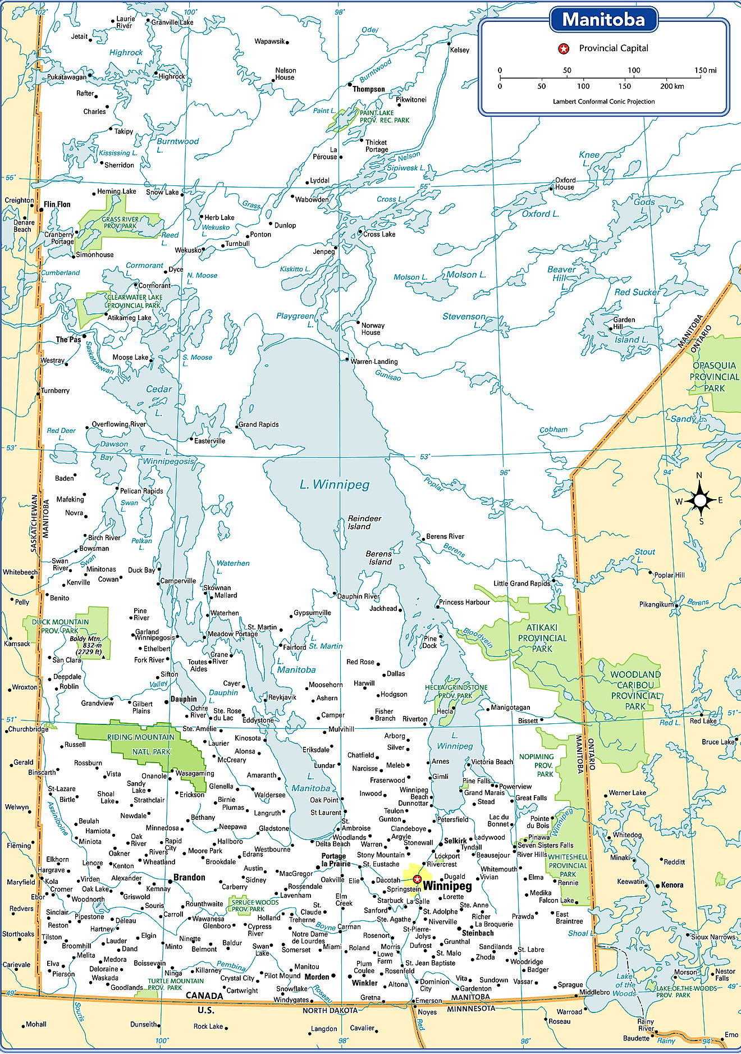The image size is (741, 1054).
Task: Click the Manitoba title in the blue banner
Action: (x=603, y=20)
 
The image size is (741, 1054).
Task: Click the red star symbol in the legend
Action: (x=563, y=49)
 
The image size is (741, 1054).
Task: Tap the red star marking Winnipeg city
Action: (x=417, y=879)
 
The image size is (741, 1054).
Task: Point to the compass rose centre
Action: (x=699, y=499)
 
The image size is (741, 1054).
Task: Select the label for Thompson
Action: (x=369, y=89)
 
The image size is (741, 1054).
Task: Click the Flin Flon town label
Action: (x=57, y=204)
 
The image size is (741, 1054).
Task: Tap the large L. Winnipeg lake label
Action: (x=335, y=485)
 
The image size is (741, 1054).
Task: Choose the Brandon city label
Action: (x=189, y=877)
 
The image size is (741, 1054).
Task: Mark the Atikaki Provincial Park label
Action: (x=542, y=638)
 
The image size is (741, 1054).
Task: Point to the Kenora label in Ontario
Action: (x=672, y=885)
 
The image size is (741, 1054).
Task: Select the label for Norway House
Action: (x=373, y=328)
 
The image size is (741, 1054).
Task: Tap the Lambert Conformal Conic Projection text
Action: (x=603, y=102)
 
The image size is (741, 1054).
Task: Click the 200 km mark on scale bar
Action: (x=672, y=86)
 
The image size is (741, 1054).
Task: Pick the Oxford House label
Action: (x=565, y=184)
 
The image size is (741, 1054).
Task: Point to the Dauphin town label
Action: (x=184, y=699)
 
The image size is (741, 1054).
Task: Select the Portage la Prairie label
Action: (x=335, y=860)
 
